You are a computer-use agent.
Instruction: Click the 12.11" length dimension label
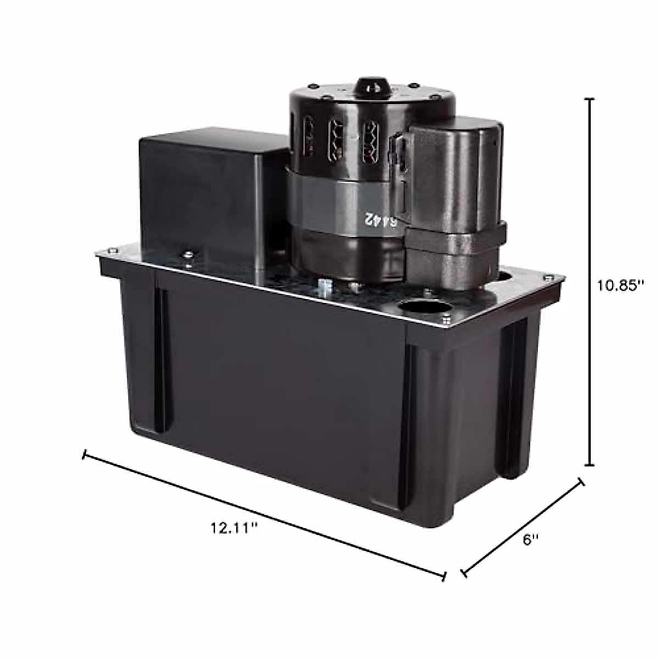233,528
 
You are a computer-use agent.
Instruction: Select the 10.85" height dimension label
620,286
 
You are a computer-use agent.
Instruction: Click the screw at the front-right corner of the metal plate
446,319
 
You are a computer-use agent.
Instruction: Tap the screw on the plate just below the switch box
188,253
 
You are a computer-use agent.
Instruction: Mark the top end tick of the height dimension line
590,99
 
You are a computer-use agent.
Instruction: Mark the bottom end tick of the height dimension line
590,465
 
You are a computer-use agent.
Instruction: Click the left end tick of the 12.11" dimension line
84,454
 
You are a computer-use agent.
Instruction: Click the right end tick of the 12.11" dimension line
444,575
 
